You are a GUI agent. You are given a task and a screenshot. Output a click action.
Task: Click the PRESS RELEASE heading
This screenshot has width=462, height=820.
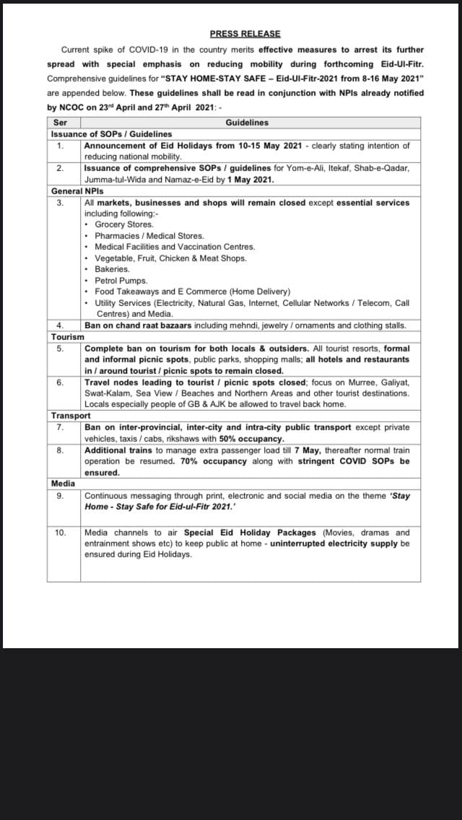point(245,33)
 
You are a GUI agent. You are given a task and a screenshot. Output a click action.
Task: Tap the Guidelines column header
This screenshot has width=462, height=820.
point(247,123)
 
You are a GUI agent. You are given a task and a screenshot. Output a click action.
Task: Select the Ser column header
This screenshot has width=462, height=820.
point(61,123)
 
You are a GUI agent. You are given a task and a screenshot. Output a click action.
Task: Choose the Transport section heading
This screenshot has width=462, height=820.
point(71,416)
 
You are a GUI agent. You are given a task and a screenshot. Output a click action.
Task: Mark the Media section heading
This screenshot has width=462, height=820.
point(63,483)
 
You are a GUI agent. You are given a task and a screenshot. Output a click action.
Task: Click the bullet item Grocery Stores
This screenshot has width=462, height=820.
point(123,224)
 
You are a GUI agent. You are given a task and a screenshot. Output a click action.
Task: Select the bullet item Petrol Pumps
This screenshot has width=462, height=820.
point(121,281)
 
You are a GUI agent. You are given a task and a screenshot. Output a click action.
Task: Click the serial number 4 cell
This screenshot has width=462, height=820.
point(61,326)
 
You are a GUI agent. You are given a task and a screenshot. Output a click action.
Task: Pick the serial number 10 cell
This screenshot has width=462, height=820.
point(62,532)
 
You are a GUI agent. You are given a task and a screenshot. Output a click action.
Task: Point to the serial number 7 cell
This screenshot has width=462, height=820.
point(61,427)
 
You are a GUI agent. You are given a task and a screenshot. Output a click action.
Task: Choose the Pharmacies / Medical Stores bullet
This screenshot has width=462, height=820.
point(149,236)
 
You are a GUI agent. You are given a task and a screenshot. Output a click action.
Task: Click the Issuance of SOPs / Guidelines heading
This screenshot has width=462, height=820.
point(111,134)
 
